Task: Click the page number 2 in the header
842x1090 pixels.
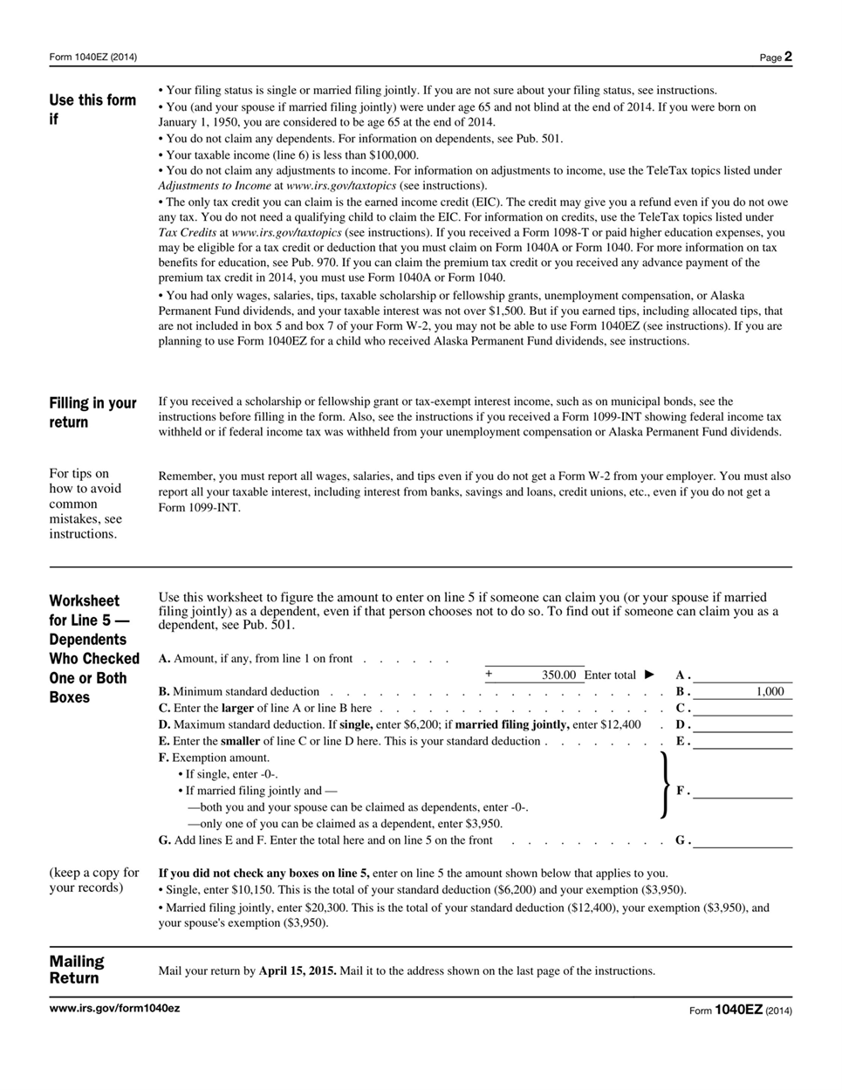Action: tap(787, 57)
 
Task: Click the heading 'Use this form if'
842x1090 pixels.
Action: tap(92, 109)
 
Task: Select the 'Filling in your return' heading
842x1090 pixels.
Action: tap(92, 412)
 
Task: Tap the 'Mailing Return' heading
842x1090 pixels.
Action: tap(77, 970)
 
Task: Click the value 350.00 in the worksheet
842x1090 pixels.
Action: tap(558, 675)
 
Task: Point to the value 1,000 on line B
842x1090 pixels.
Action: tap(769, 691)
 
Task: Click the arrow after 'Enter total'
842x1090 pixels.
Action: tap(648, 675)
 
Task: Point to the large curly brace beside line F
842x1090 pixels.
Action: tap(665, 785)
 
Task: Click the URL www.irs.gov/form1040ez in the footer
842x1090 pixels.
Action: tap(114, 1008)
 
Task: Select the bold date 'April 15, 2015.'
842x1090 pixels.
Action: tap(298, 970)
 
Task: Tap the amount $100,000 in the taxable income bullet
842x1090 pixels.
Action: tap(394, 154)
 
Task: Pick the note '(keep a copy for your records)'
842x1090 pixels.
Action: tap(94, 880)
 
